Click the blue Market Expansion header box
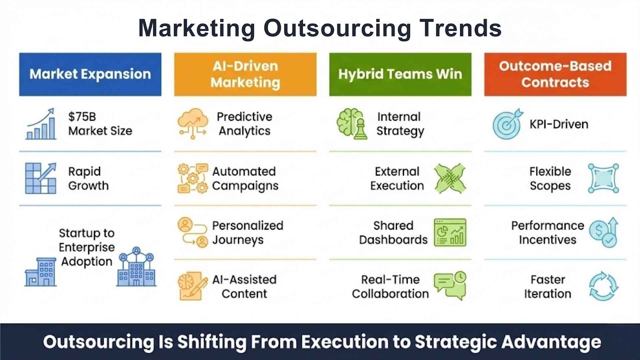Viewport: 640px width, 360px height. (90, 74)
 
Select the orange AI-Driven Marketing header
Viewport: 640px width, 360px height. (246, 74)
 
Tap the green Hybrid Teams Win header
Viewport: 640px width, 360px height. (400, 74)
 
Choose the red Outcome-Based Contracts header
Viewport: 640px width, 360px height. (556, 74)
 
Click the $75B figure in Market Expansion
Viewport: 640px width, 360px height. (82, 117)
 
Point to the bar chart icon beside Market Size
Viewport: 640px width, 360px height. (40, 124)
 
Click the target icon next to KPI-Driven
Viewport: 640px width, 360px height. (508, 124)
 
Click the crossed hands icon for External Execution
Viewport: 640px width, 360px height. (450, 178)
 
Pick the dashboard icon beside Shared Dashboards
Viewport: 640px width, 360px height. (450, 232)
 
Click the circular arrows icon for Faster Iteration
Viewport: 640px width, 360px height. (604, 286)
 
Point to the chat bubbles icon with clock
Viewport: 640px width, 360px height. (450, 286)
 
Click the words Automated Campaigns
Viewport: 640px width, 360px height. (245, 178)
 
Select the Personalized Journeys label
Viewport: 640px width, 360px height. (248, 232)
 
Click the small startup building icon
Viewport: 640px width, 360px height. (40, 272)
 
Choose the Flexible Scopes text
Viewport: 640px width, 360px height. (550, 178)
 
